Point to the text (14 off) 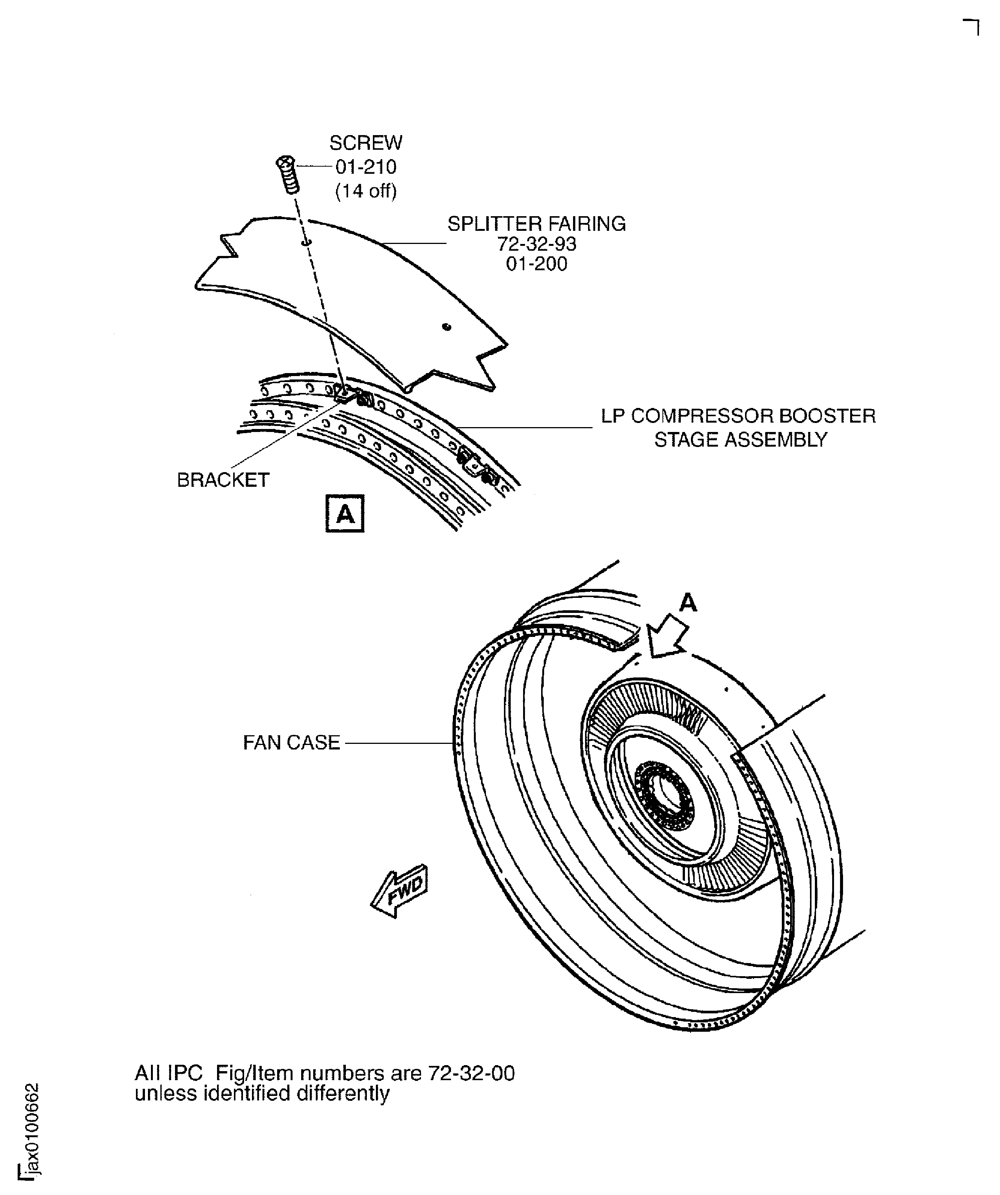pos(366,191)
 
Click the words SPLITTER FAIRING pos(537,224)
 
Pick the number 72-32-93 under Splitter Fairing pos(537,244)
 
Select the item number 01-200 pos(537,264)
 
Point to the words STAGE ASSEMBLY pos(740,440)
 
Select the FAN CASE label pos(291,743)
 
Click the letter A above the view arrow pos(688,602)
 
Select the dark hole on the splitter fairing pos(447,327)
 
